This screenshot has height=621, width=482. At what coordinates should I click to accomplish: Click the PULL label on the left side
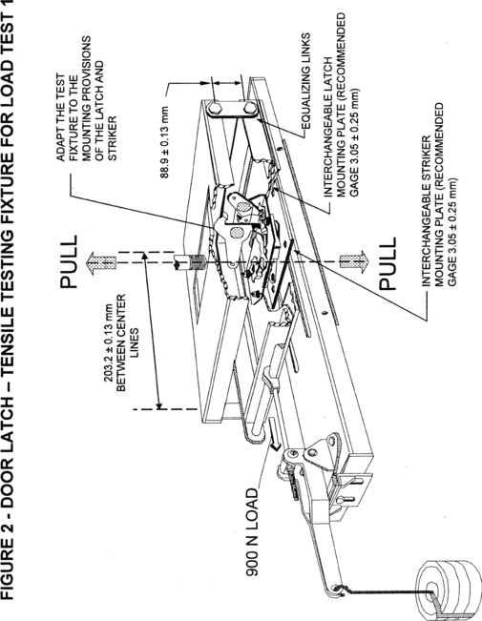click(68, 261)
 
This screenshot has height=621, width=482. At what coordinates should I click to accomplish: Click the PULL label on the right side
click(387, 263)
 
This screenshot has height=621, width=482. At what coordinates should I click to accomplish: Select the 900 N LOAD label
click(252, 532)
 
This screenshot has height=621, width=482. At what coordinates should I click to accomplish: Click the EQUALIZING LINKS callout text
click(305, 82)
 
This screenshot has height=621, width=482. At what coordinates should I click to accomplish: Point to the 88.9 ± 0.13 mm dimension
click(164, 142)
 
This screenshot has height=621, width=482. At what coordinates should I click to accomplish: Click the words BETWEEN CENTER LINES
click(127, 342)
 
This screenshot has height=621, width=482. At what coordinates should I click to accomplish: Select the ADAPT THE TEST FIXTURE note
click(87, 98)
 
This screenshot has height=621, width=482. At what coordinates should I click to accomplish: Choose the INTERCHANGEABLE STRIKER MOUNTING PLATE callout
click(438, 195)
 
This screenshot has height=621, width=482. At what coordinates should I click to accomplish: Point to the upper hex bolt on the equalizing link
click(216, 108)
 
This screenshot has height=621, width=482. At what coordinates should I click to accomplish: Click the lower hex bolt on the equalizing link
click(250, 108)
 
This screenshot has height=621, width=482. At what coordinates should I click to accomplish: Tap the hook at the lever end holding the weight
click(338, 589)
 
